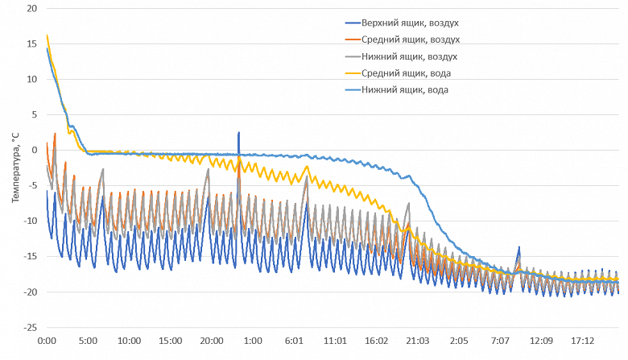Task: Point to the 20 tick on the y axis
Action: (31, 8)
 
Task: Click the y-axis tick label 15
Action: (31, 43)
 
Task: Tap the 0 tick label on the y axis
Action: (35, 150)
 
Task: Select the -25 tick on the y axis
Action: (29, 328)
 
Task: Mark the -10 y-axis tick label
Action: (29, 221)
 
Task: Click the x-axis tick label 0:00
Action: (47, 341)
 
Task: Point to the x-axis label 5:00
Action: (88, 341)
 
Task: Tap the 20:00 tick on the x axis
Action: (212, 341)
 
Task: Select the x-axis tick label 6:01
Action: (295, 341)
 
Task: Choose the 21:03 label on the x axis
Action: (419, 341)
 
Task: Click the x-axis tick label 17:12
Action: (584, 341)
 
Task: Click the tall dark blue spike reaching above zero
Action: (238, 134)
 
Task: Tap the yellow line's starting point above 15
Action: (48, 35)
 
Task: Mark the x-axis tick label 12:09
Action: (543, 341)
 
